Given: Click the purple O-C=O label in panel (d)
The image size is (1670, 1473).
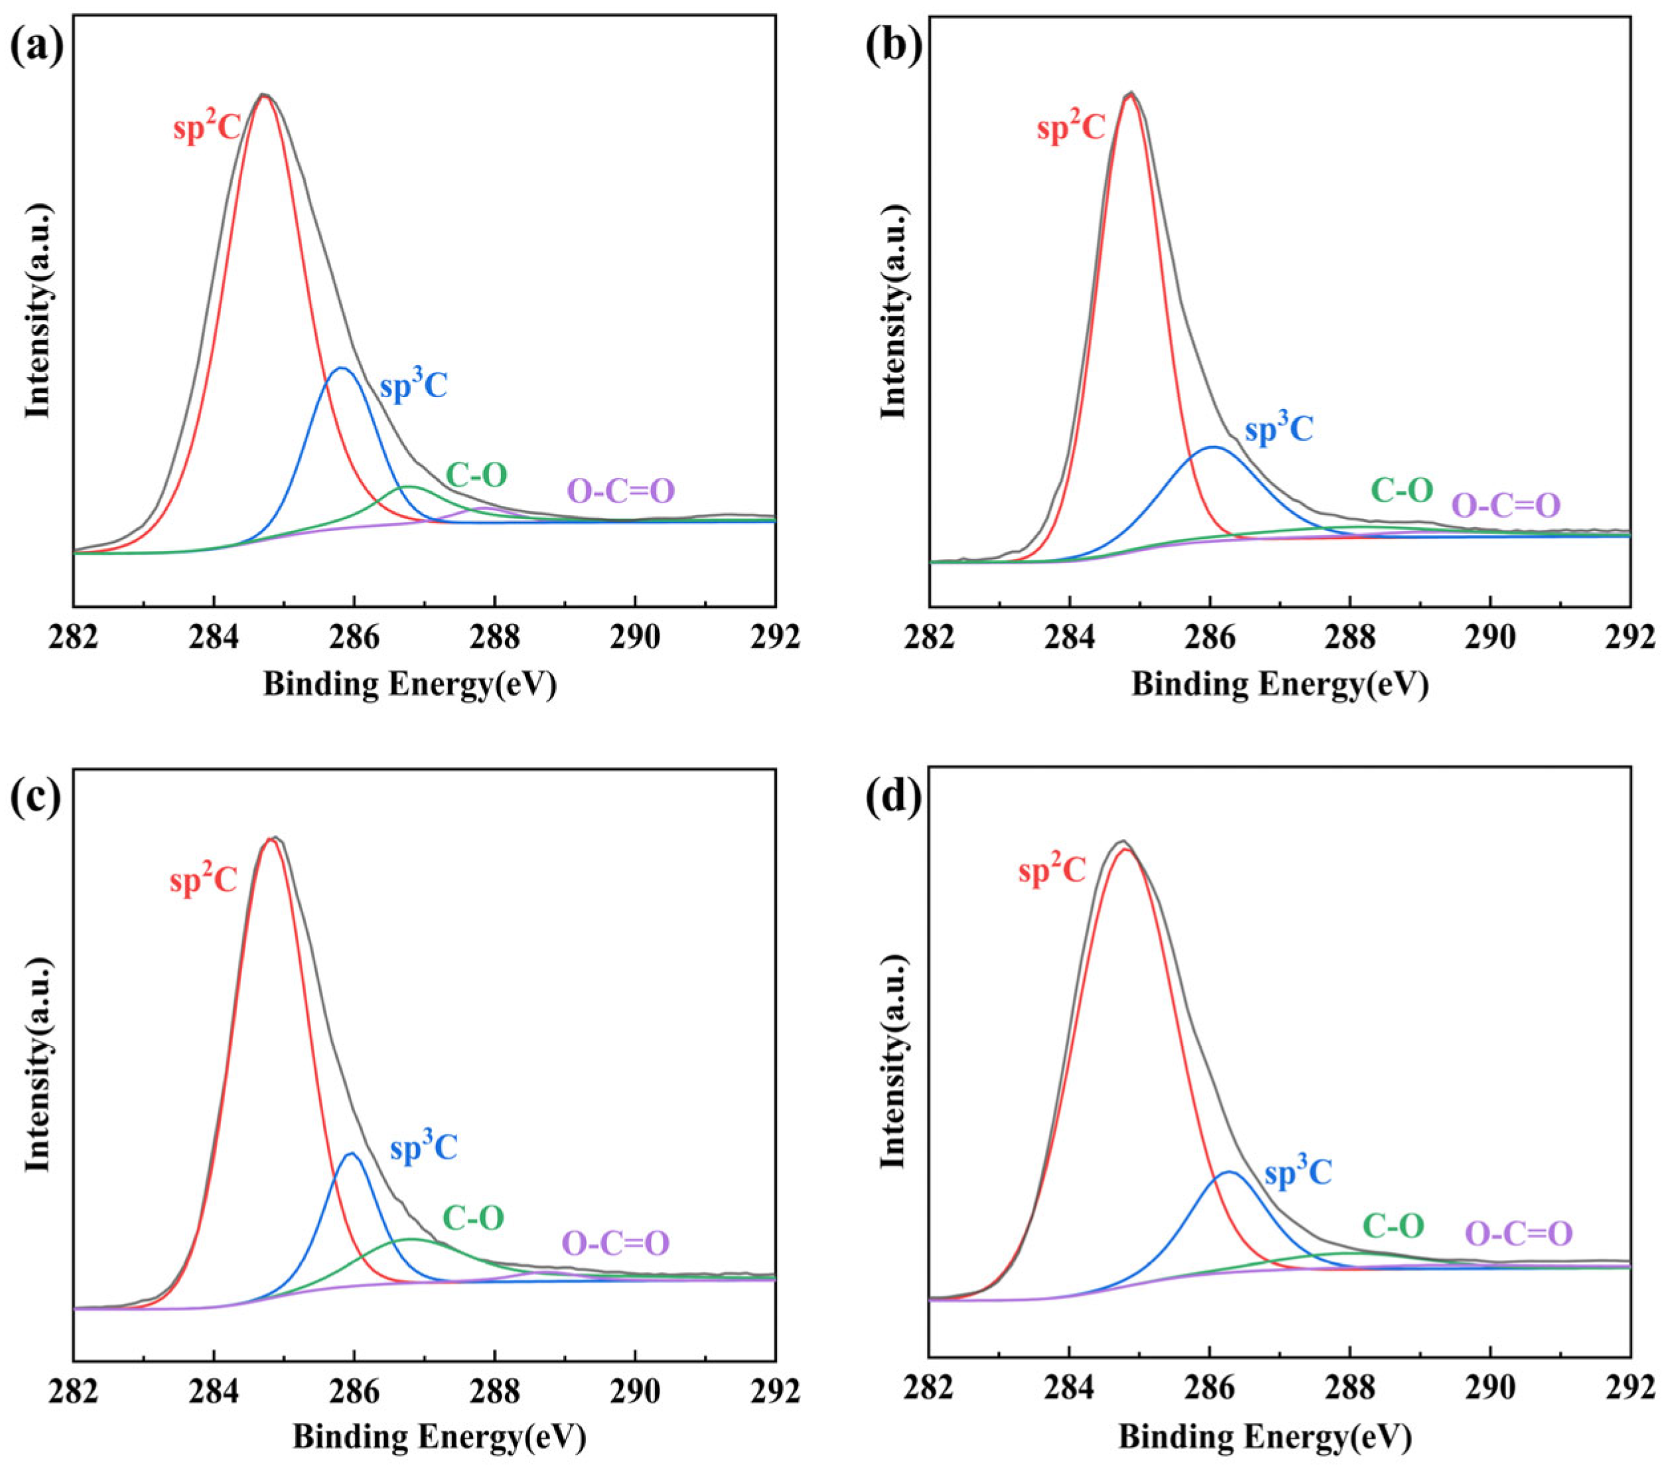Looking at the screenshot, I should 1519,1257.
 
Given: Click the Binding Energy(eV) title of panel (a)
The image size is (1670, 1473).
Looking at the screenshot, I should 409,685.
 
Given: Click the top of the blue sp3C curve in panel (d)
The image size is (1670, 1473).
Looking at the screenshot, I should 1228,1172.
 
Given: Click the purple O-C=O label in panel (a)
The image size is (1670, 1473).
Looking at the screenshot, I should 621,491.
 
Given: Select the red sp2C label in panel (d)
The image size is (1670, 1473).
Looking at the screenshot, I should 1052,872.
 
